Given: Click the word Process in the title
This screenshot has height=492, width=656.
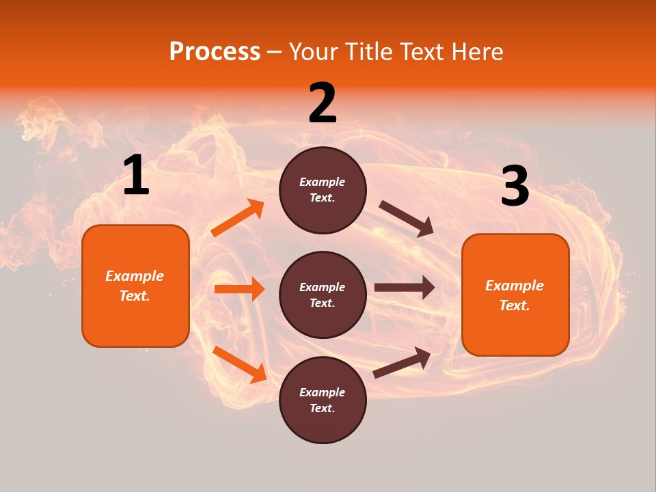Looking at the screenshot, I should tap(215, 52).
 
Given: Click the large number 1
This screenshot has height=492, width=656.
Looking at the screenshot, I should tap(136, 176).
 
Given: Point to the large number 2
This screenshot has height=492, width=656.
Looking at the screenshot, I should tap(323, 103).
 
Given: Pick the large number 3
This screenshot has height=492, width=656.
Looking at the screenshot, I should tap(515, 187).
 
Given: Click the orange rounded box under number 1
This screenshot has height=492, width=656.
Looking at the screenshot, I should tap(135, 286).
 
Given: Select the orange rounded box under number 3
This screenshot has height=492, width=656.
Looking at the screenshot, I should tap(515, 295).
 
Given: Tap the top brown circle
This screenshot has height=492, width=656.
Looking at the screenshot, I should tap(323, 190).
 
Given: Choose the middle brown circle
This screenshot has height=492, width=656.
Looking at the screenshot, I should tap(323, 295).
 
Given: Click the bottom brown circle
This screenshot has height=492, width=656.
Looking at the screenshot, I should tap(323, 400).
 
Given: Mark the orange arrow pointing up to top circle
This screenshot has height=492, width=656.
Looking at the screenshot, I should tap(238, 218).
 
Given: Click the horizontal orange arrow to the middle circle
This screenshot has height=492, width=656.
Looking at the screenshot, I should tap(239, 289).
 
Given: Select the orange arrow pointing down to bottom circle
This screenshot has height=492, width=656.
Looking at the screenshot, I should tap(239, 364).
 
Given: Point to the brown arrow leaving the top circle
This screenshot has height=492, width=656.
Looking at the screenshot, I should tap(407, 219).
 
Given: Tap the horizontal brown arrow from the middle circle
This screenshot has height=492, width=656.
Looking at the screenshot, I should tap(404, 287).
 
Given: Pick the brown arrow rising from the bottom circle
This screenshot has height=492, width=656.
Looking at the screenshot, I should tap(402, 363).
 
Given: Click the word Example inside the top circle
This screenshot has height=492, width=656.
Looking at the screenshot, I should tap(323, 182).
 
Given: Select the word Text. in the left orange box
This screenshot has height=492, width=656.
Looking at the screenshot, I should tap(135, 296).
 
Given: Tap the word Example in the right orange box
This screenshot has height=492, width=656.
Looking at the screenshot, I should tap(515, 286).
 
